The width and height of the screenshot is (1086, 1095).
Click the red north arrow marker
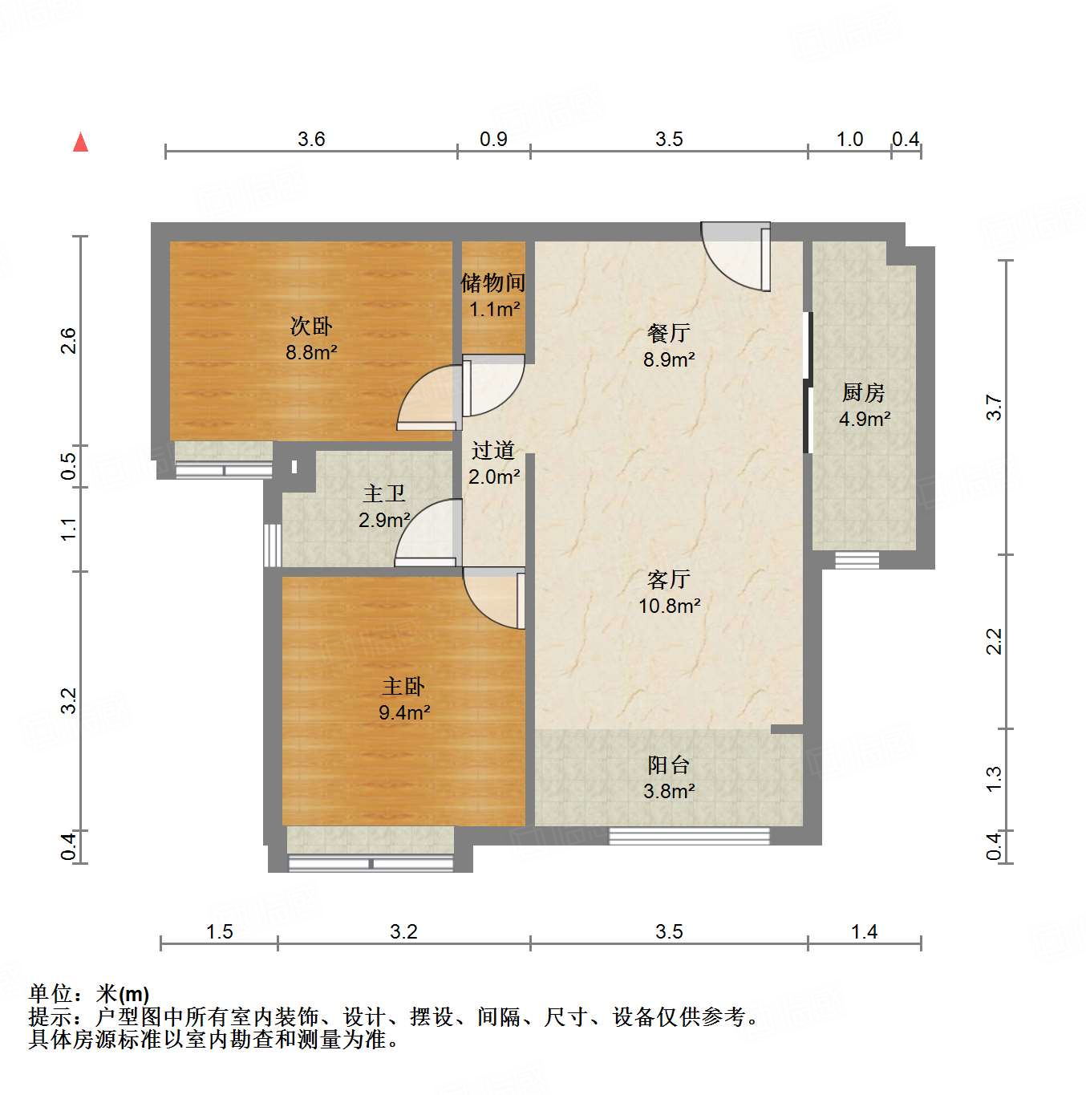(x=80, y=142)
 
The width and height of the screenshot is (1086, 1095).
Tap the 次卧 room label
(x=310, y=326)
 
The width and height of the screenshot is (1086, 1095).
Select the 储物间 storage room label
(x=492, y=282)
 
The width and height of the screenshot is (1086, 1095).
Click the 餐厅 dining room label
(x=668, y=333)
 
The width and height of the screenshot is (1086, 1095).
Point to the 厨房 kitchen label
(x=864, y=392)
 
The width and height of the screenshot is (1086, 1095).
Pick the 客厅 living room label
(x=668, y=579)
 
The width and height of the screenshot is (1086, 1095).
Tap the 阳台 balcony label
(x=668, y=764)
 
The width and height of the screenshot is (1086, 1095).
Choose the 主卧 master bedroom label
(x=403, y=686)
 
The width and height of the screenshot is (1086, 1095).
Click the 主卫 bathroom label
(x=384, y=493)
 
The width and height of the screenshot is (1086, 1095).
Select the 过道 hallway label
(x=493, y=450)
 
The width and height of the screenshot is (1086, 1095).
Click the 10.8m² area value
(x=669, y=606)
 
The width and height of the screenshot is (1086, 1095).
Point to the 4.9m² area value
(x=865, y=419)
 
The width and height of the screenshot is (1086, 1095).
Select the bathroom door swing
(x=429, y=533)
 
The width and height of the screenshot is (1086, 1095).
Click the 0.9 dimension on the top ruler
(x=493, y=139)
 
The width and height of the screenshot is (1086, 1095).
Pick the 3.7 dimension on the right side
(x=995, y=408)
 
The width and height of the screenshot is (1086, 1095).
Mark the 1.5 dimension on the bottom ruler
(x=219, y=931)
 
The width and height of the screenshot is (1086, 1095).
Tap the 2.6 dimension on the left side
(x=70, y=341)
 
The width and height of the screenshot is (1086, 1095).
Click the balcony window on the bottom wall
(x=689, y=836)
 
